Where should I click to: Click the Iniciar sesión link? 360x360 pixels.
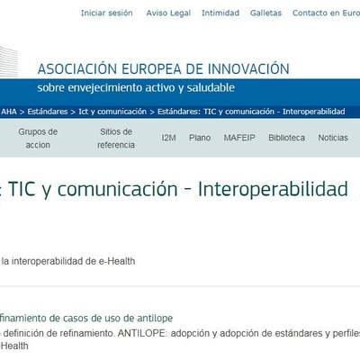pyautogui.click(x=106, y=13)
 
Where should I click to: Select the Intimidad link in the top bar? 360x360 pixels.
pyautogui.click(x=220, y=13)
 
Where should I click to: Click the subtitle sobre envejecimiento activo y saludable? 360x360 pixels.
pyautogui.click(x=136, y=88)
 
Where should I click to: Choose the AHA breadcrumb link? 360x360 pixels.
pyautogui.click(x=9, y=112)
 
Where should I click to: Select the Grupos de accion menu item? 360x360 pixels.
pyautogui.click(x=38, y=138)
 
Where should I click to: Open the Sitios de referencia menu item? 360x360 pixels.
pyautogui.click(x=116, y=138)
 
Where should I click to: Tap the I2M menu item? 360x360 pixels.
pyautogui.click(x=168, y=138)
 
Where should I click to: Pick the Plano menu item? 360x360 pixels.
pyautogui.click(x=200, y=138)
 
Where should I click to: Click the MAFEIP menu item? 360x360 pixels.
pyautogui.click(x=238, y=138)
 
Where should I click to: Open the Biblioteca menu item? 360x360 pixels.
pyautogui.click(x=286, y=138)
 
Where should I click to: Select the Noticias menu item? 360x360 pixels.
pyautogui.click(x=333, y=138)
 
